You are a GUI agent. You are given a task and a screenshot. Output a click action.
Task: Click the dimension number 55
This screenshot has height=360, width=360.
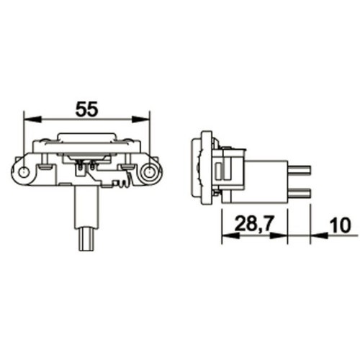coord(87,109)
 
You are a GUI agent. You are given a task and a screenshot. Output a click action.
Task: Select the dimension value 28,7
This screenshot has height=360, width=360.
coord(254,224)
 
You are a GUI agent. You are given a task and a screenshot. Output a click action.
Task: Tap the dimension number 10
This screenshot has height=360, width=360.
coord(340,225)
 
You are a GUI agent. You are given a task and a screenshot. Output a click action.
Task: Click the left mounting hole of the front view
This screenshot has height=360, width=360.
coord(24,172)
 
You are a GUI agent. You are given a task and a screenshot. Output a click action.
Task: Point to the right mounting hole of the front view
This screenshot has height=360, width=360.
coord(149,172)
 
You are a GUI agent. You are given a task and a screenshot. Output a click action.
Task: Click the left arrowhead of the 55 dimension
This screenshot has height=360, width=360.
coord(33,119)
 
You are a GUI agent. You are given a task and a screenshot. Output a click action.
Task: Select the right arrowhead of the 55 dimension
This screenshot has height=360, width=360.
coord(140,119)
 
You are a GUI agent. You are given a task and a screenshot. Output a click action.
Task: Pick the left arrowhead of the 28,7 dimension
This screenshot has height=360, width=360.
coord(230,235)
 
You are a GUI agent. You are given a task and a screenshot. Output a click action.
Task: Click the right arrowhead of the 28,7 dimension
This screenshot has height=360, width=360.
coord(279,235)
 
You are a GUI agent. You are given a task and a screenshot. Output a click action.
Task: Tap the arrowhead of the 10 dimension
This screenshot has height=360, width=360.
coord(319,235)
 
